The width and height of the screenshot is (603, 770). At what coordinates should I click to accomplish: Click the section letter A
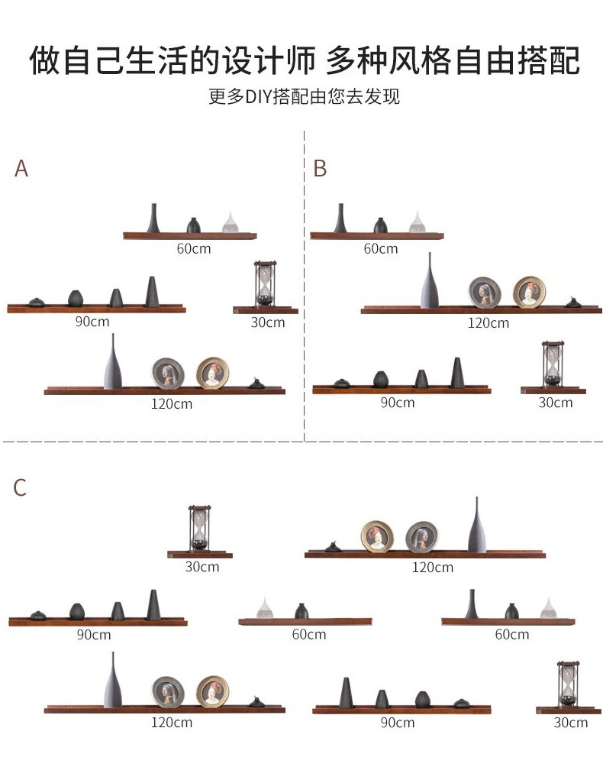pyautogui.click(x=21, y=169)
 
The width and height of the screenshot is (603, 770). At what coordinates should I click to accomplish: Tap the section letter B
pyautogui.click(x=320, y=169)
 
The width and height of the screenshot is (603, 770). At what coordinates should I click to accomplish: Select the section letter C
pyautogui.click(x=20, y=487)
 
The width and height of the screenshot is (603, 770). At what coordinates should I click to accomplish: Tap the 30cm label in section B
pyautogui.click(x=555, y=402)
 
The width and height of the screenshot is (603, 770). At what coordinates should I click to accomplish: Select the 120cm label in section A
pyautogui.click(x=172, y=403)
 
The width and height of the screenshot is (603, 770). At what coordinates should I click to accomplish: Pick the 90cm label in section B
pyautogui.click(x=397, y=402)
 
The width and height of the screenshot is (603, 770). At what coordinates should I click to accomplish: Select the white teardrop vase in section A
pyautogui.click(x=230, y=222)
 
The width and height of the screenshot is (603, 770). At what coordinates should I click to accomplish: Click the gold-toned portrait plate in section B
pyautogui.click(x=529, y=292)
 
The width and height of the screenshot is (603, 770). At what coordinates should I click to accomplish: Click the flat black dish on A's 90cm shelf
pyautogui.click(x=37, y=302)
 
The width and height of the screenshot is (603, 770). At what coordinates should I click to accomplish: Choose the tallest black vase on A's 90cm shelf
pyautogui.click(x=151, y=292)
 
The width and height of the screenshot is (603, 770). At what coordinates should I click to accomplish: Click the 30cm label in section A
pyautogui.click(x=267, y=322)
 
